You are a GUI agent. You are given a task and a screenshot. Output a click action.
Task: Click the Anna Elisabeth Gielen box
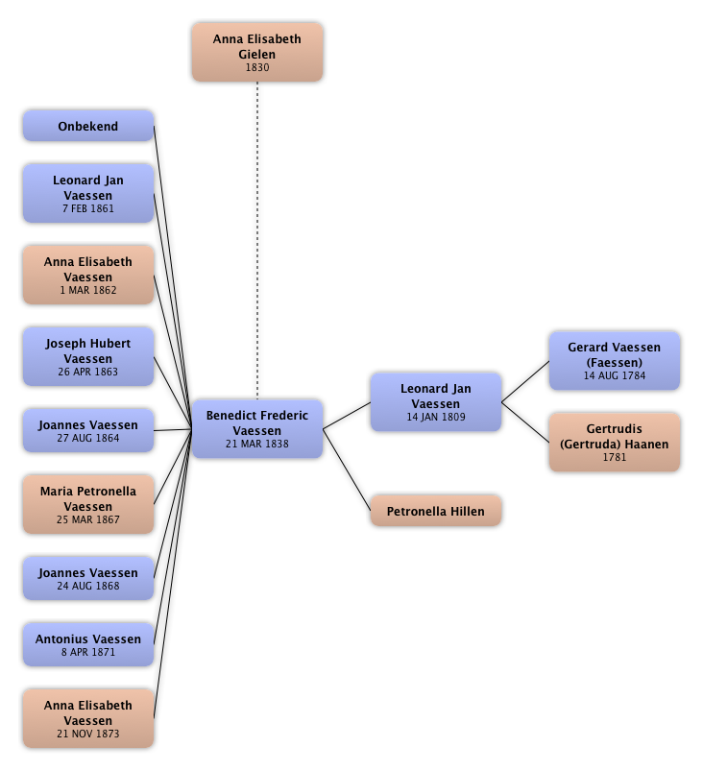(x=256, y=53)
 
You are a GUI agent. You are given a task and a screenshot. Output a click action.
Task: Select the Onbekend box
(x=87, y=127)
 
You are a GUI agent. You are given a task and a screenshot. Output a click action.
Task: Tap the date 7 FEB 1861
(x=88, y=208)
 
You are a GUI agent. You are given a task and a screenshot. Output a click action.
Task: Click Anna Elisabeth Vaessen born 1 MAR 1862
(x=87, y=276)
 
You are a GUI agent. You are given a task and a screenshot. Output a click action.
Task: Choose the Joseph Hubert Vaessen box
(x=87, y=357)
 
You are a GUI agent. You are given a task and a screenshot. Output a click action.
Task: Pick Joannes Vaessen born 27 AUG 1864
(x=87, y=430)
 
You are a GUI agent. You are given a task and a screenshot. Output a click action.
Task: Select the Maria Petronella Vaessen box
(x=87, y=505)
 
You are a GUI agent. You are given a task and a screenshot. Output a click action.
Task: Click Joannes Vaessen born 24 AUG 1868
(x=87, y=578)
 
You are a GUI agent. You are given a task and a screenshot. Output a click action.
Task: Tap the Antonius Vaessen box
(x=87, y=644)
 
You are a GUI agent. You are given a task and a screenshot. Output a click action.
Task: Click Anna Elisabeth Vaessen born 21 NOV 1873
(x=87, y=719)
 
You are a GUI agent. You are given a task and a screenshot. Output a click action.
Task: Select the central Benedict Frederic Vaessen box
(x=257, y=429)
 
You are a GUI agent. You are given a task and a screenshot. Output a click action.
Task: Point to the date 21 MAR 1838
(x=257, y=445)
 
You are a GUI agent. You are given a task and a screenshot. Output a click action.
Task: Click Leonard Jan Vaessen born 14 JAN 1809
(x=436, y=402)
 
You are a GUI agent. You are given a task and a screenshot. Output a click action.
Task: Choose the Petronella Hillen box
(x=436, y=512)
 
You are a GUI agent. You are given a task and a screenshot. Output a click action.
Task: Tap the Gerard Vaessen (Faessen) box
(x=614, y=361)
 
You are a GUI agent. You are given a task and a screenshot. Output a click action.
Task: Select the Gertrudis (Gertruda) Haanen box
(x=614, y=443)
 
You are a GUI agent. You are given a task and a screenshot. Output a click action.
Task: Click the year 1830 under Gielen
(x=256, y=68)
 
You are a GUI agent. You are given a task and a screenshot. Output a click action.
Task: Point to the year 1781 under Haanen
(x=614, y=457)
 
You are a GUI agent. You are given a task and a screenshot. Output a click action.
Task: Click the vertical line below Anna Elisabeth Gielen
(x=257, y=240)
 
